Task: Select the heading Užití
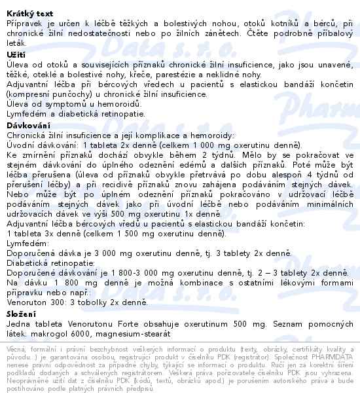coord(16,54)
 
